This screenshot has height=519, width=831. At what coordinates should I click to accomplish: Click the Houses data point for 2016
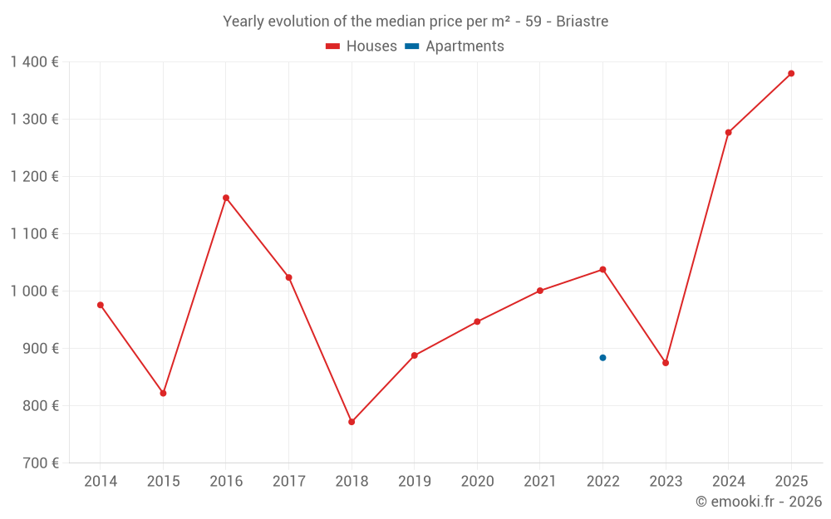click(226, 198)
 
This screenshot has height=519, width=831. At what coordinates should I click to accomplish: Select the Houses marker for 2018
click(352, 422)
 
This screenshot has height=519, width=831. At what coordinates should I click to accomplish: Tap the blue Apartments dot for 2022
click(602, 358)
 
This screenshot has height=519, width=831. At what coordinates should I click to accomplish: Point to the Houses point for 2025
click(791, 73)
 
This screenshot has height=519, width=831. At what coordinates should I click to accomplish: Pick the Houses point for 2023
click(666, 363)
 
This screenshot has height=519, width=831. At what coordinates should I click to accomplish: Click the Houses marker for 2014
click(101, 305)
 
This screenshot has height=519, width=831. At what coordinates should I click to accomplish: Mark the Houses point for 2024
click(728, 132)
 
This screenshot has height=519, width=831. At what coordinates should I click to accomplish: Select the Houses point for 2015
click(163, 393)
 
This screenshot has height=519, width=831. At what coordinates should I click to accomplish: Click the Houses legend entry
click(361, 47)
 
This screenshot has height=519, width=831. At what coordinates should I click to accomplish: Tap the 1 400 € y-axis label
click(34, 62)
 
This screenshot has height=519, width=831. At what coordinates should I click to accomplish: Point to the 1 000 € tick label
click(34, 291)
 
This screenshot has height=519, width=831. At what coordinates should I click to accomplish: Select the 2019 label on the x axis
click(415, 482)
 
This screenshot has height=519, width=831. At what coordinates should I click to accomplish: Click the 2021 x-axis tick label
click(540, 482)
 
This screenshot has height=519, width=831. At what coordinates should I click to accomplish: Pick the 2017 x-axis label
click(288, 482)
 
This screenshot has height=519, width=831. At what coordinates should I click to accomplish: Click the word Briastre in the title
click(581, 22)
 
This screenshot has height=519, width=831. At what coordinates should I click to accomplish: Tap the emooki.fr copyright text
click(759, 502)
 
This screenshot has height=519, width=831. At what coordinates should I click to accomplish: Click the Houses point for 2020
click(477, 321)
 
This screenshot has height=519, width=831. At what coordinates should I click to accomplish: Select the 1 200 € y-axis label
click(34, 177)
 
